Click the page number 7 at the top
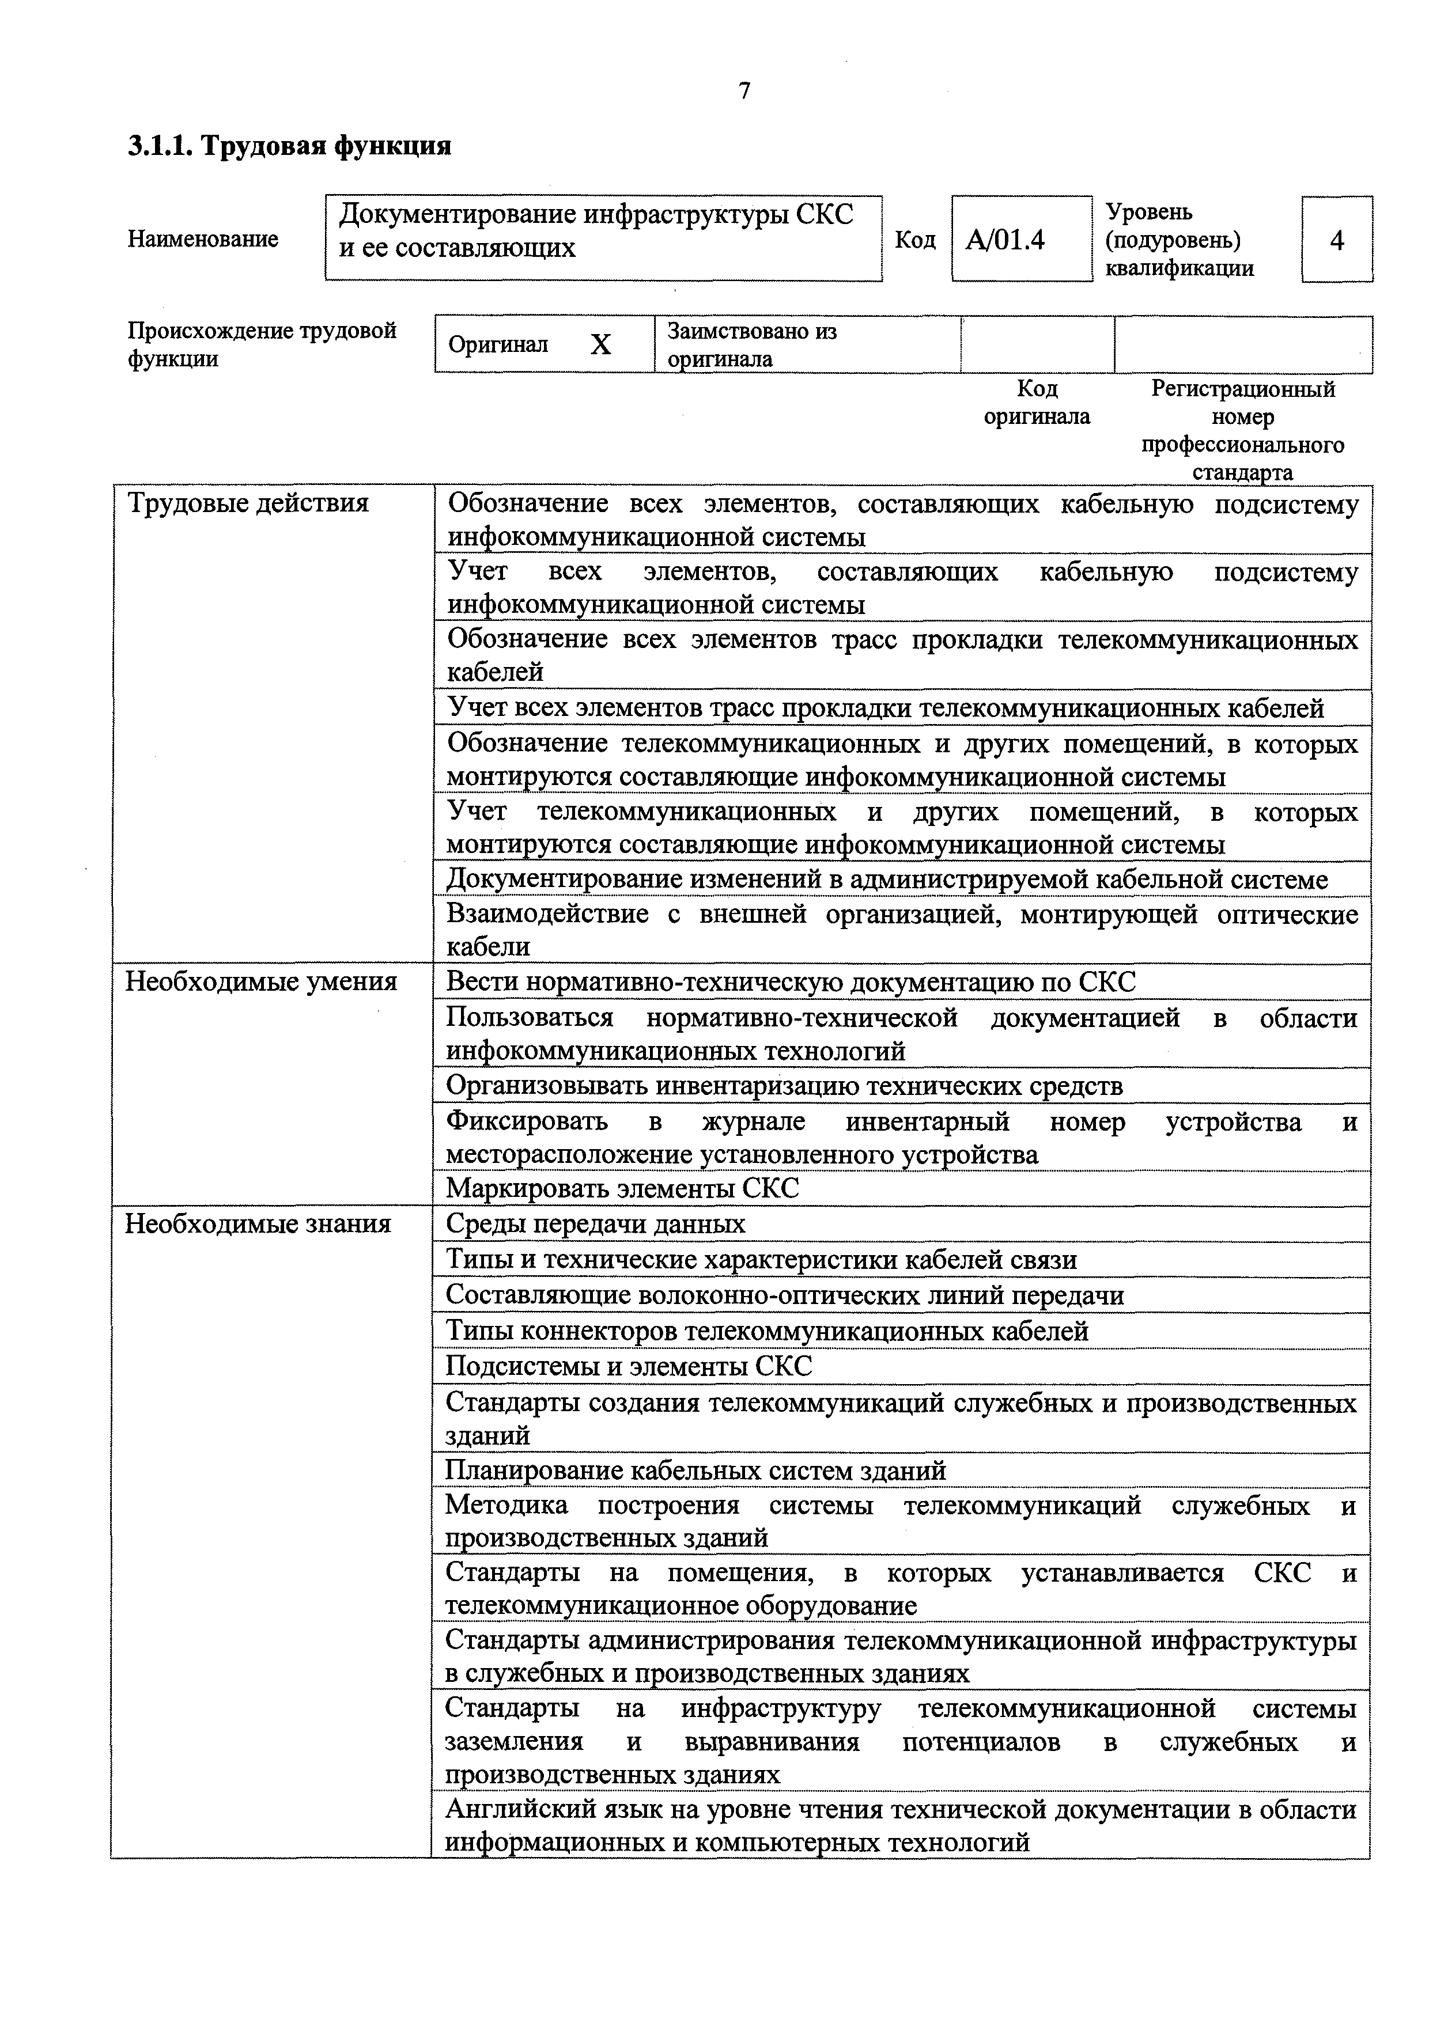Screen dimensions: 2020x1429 744,90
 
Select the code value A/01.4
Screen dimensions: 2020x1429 1005,239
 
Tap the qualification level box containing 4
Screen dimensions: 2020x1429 1337,239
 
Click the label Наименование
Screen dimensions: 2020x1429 203,239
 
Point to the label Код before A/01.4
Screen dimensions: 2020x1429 915,239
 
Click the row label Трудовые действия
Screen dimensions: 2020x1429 248,503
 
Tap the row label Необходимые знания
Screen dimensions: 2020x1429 258,1224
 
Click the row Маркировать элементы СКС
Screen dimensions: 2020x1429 623,1189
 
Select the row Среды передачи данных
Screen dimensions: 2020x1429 596,1224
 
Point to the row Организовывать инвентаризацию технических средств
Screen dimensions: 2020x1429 784,1086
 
